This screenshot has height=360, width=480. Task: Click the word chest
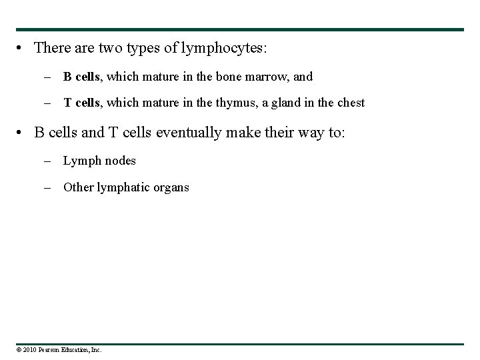coord(350,103)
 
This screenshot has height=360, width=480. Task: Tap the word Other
coord(78,187)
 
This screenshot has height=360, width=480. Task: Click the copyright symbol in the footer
coord(20,349)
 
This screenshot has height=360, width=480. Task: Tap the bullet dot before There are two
coord(23,49)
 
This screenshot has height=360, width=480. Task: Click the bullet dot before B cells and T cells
coord(23,133)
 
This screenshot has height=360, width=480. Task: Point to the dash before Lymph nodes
coord(49,161)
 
